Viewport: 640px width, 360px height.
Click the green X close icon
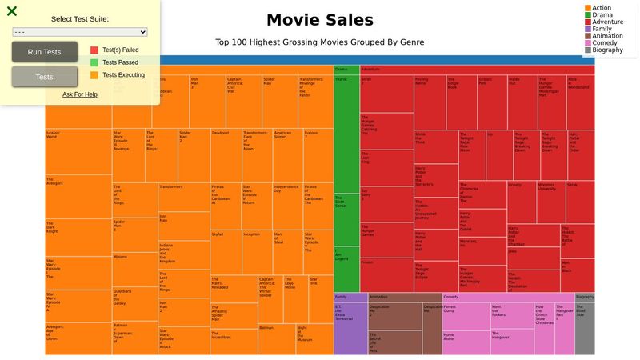click(x=11, y=11)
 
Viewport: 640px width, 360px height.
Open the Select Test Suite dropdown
click(x=80, y=32)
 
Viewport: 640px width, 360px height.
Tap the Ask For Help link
click(x=80, y=94)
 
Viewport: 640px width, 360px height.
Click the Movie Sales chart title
click(x=319, y=20)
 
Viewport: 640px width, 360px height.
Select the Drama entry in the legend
click(x=602, y=15)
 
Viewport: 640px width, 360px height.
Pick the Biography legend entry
click(x=608, y=50)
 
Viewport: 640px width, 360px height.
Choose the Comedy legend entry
click(x=604, y=42)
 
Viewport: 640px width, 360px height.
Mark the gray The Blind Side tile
click(x=585, y=328)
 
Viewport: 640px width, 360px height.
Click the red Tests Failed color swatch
click(x=94, y=50)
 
